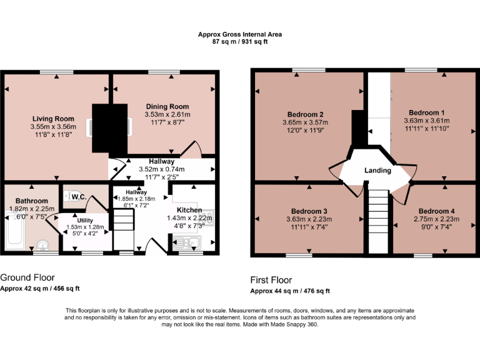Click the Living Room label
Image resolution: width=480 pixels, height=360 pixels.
pos(52,119)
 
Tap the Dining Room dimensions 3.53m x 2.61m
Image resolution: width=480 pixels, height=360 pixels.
pos(167,115)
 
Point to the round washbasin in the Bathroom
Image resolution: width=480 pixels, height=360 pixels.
pos(42,246)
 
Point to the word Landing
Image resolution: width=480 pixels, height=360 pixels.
pos(377,171)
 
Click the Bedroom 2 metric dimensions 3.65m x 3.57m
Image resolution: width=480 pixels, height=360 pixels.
pos(305,122)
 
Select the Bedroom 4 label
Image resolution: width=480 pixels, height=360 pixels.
pos(436,211)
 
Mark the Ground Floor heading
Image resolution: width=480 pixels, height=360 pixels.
pos(27,277)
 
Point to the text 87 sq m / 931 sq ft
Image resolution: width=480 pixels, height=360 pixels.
pos(241,42)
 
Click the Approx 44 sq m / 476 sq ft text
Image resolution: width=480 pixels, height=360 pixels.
pos(290,291)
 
